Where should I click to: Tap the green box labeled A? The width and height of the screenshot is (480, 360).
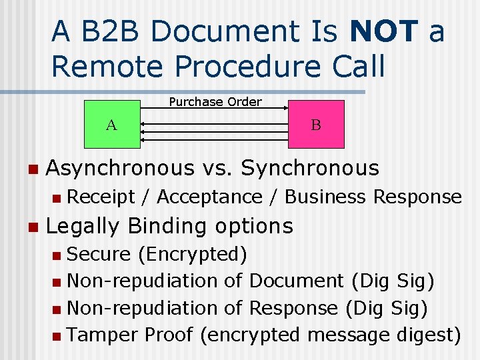pos(111,124)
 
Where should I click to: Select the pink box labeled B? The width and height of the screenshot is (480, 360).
pos(316,124)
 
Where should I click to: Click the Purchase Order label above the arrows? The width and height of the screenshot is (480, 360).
pos(215,102)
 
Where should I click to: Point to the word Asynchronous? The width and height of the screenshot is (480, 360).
pos(121,168)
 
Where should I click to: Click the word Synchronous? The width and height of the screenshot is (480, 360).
pos(309,168)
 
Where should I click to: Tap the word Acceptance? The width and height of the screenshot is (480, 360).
pos(209,197)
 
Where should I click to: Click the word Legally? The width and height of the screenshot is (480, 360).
pos(83,227)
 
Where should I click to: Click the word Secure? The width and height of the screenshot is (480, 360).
pos(99,254)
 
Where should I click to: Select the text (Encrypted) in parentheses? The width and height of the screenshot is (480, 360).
pos(193,255)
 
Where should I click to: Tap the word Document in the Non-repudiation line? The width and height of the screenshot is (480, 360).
pos(296,281)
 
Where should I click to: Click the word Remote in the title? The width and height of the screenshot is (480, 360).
pos(98,66)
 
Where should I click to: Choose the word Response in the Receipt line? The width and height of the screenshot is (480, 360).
pos(417,197)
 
